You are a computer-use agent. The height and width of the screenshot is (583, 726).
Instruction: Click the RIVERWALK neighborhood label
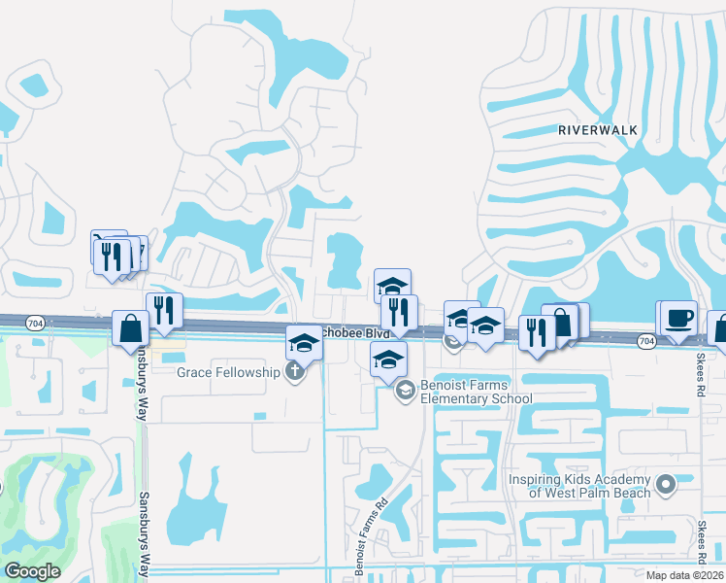click(595, 128)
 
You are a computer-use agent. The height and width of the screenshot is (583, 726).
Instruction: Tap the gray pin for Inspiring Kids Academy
click(665, 484)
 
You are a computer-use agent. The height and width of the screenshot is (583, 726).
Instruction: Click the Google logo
click(32, 571)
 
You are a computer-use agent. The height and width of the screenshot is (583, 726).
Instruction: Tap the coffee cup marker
click(678, 318)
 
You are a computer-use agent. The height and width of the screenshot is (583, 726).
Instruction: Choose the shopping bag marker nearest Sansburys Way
click(130, 328)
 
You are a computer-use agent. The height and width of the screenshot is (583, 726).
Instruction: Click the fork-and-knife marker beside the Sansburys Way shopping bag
click(163, 309)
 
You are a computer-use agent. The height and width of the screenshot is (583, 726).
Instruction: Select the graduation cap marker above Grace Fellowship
click(303, 343)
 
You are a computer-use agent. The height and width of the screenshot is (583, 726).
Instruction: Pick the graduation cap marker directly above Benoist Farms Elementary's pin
click(388, 360)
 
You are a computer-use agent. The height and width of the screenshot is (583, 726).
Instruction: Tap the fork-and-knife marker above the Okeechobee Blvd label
click(399, 311)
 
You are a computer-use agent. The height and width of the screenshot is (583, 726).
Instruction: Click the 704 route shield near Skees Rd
click(647, 341)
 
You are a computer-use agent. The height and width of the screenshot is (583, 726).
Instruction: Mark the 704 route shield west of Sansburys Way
click(35, 323)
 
